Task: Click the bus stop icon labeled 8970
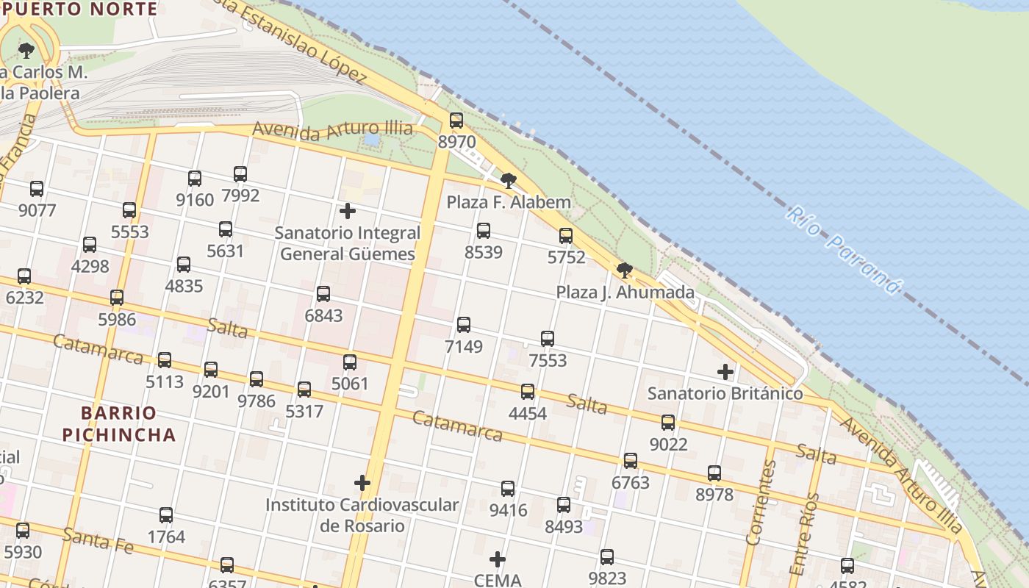[456, 121]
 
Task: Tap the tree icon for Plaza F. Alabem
[508, 181]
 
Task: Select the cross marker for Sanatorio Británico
[725, 372]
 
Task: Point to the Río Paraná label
[844, 250]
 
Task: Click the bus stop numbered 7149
[464, 325]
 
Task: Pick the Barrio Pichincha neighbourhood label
[119, 423]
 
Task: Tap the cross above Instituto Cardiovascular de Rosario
[362, 483]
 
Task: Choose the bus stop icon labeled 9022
[668, 423]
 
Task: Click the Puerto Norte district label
[80, 10]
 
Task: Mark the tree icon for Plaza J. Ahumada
[625, 270]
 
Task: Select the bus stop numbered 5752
[566, 236]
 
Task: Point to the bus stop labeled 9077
[37, 189]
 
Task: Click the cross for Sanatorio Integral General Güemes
[348, 212]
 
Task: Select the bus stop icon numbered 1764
[166, 515]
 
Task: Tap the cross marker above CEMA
[498, 559]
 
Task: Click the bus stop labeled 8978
[714, 473]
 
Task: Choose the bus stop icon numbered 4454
[528, 392]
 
